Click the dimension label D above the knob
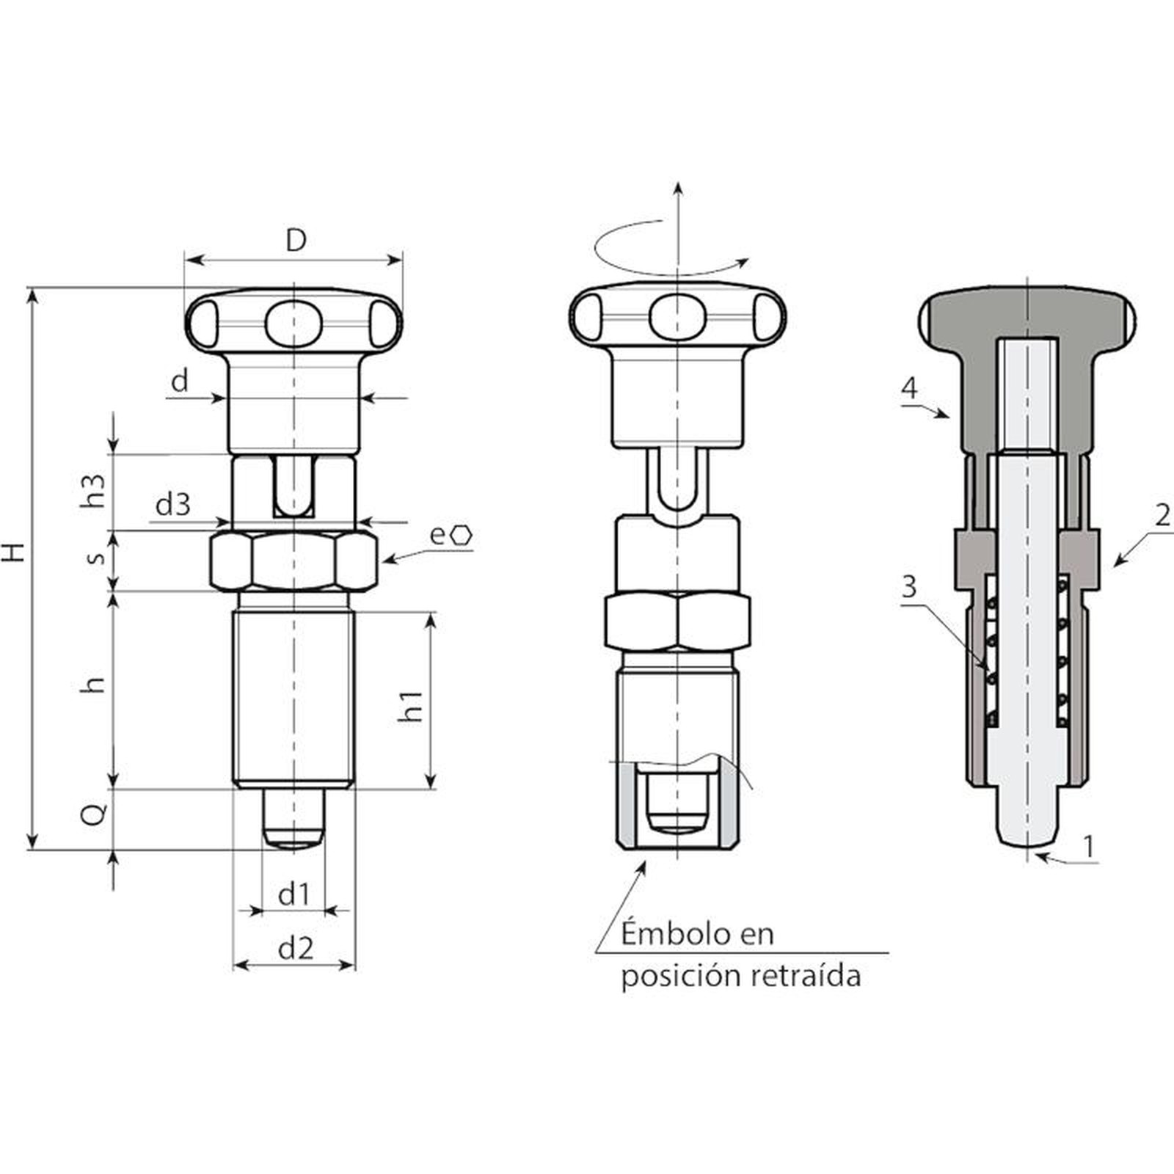295,240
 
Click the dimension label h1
411,705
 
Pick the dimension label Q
95,814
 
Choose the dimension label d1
294,894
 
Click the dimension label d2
296,949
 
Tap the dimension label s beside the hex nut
96,557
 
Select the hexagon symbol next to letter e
462,536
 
